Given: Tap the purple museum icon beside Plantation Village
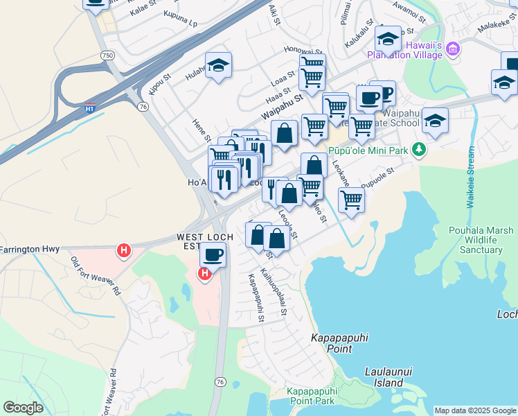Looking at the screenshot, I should [x=453, y=49].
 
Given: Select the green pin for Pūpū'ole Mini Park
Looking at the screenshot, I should [x=418, y=149].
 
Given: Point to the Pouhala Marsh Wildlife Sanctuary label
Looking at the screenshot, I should [x=481, y=240].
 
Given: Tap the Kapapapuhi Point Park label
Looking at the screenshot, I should [x=311, y=397].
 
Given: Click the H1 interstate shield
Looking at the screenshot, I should [x=90, y=108].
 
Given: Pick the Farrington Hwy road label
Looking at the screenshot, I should [x=30, y=248].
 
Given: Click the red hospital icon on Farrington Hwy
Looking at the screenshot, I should [x=124, y=250].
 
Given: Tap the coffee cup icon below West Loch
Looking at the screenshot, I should [x=213, y=254].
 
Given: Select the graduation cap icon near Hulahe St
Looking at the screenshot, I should [x=219, y=65].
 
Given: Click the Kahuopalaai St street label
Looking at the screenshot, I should [x=274, y=293].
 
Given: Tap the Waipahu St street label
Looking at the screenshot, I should [x=283, y=106].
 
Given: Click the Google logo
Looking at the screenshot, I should [x=23, y=408].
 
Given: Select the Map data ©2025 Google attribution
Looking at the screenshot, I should [x=474, y=410].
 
